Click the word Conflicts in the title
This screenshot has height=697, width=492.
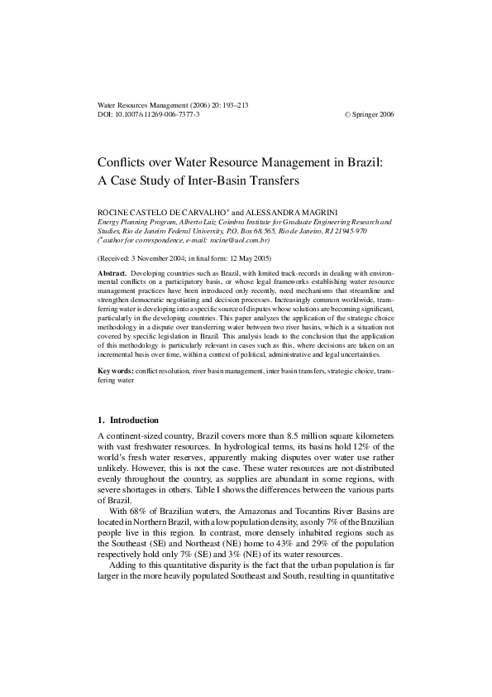(123, 162)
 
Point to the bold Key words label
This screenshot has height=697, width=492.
(115, 370)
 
